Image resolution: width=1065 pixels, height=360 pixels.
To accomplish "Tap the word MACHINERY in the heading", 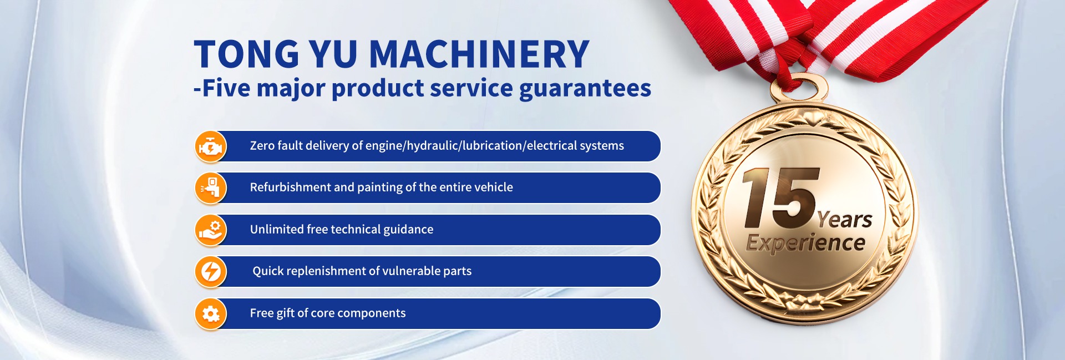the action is pos(479,54).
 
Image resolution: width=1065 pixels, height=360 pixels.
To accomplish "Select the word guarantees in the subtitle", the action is pos(585,89).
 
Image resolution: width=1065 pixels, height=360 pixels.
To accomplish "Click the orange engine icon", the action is pos(211,146).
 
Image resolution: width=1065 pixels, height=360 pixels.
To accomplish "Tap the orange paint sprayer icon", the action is pos(211,188).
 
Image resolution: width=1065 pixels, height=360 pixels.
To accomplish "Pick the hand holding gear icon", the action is pos(211,230).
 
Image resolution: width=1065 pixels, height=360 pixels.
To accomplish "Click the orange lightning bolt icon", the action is pos(211,272).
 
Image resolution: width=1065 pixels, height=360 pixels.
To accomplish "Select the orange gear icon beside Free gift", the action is pos(211,313).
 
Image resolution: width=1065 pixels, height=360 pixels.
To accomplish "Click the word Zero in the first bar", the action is pos(262,145).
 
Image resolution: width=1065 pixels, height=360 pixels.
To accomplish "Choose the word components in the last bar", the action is pos(371,313).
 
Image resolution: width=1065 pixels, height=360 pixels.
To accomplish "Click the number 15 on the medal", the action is pos(780,198).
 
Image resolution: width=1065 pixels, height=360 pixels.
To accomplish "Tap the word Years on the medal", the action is pos(844,220).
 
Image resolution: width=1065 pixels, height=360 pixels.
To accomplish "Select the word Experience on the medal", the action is pos(805,243).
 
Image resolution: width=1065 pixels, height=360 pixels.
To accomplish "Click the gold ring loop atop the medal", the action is pos(799,89).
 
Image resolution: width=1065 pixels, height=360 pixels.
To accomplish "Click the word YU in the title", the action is pos(333,54).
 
